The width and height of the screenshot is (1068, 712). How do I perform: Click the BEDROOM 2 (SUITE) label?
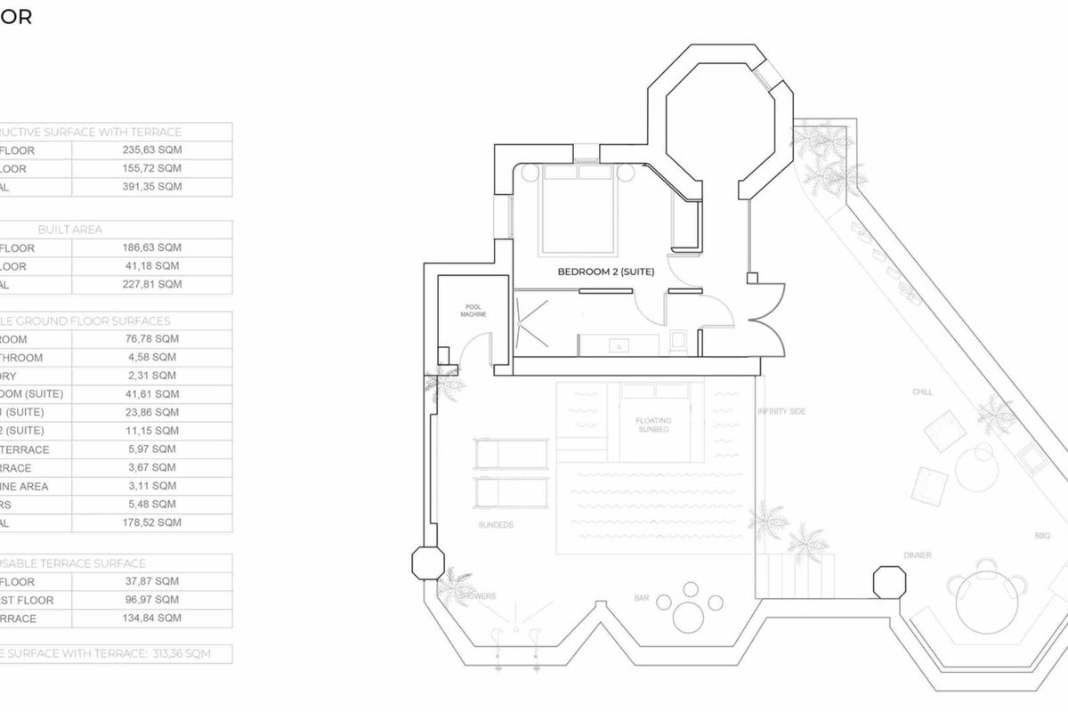click(605, 272)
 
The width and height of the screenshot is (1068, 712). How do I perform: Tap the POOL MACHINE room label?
click(471, 310)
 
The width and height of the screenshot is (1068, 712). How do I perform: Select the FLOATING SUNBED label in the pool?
click(653, 425)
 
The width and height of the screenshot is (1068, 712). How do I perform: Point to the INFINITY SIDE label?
click(781, 411)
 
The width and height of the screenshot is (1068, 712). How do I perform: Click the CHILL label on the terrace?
click(921, 392)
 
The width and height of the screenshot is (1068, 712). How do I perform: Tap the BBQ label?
click(1042, 536)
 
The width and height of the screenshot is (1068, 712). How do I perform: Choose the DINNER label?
click(918, 555)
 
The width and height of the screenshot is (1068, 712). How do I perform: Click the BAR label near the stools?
click(641, 598)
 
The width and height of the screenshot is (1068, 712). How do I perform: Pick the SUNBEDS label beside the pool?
click(496, 525)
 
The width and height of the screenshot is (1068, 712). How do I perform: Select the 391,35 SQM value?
click(151, 187)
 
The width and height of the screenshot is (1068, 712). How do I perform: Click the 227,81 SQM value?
click(151, 285)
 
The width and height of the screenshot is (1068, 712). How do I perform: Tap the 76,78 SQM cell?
click(151, 338)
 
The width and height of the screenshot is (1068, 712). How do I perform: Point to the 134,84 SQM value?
click(151, 618)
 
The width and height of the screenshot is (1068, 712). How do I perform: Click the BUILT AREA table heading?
click(69, 230)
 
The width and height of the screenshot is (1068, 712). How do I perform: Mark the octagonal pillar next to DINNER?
click(887, 582)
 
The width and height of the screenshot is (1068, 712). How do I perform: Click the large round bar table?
click(691, 614)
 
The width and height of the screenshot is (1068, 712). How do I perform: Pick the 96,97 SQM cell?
click(151, 600)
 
